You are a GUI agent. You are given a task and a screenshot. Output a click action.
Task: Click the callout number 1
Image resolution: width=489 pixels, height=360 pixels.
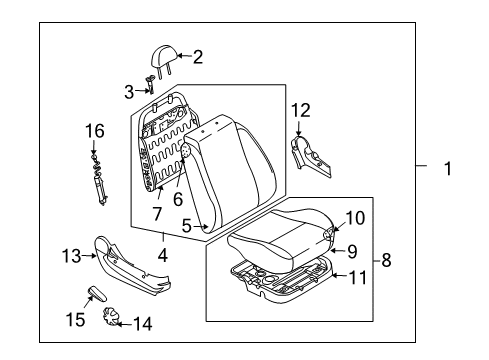448,169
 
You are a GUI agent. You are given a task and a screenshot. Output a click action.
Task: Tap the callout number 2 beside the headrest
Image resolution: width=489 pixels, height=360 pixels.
197,57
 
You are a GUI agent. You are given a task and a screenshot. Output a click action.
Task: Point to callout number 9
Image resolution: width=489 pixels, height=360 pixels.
354,217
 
